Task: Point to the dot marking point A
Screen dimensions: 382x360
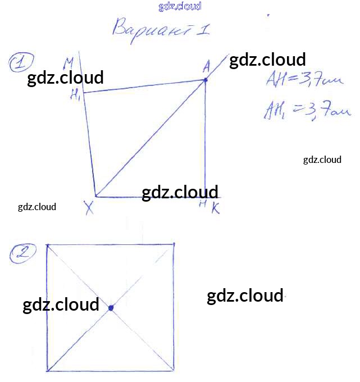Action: pos(206,80)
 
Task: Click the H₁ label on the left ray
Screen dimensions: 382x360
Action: pos(75,95)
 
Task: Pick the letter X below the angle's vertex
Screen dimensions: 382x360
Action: pos(89,209)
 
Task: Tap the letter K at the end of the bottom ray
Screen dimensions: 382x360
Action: pos(215,209)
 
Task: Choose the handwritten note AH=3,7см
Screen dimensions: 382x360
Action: pos(303,81)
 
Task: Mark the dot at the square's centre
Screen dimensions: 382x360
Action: pos(111,307)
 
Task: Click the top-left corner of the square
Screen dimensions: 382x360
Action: pos(48,245)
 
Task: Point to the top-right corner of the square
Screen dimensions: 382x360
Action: pos(174,244)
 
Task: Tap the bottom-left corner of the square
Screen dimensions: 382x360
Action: pos(48,371)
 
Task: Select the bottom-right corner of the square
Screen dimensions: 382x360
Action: pos(174,371)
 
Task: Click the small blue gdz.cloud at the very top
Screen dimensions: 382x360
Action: pos(180,7)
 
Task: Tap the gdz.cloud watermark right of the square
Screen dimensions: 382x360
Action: pos(245,296)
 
